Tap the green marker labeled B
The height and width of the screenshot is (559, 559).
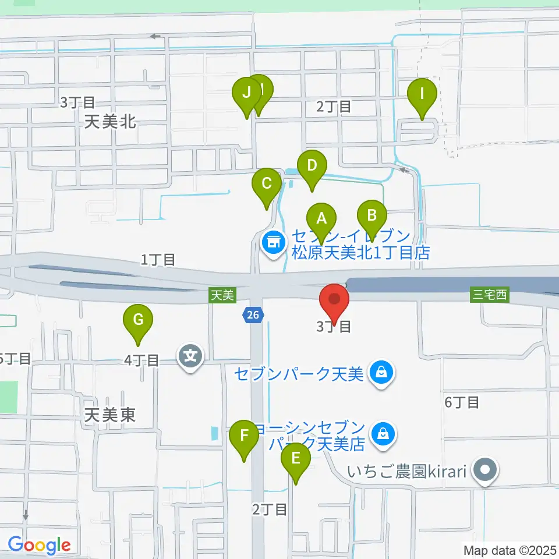(x=372, y=215)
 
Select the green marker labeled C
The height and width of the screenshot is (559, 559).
(x=267, y=184)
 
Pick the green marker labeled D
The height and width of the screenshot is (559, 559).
(x=312, y=165)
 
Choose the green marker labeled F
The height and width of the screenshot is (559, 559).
(x=244, y=435)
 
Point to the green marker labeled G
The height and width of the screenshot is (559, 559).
(x=138, y=320)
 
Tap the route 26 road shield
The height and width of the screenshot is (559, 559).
(x=252, y=315)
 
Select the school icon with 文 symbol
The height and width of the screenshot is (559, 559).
(x=192, y=354)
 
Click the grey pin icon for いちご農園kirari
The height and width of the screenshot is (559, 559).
(x=484, y=469)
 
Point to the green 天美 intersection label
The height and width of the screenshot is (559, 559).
(x=222, y=295)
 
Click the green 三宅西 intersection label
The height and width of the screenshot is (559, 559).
(x=490, y=295)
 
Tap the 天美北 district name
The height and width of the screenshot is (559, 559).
(x=110, y=122)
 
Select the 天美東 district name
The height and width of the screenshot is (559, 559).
(x=110, y=415)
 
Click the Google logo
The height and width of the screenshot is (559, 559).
(x=39, y=545)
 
